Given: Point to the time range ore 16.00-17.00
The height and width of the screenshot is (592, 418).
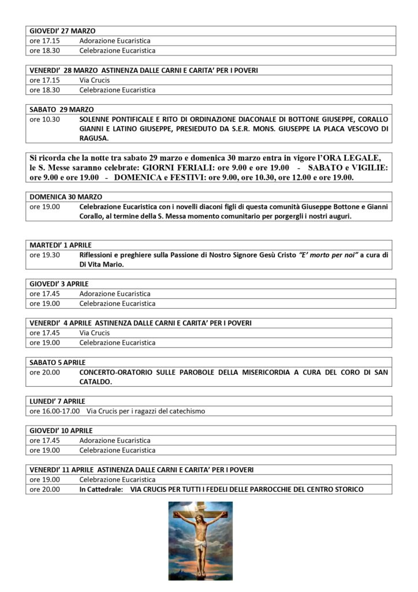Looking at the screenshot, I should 54,411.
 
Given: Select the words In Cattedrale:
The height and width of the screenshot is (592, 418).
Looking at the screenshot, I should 102,490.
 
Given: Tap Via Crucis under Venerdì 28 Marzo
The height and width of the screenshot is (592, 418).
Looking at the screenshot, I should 94,80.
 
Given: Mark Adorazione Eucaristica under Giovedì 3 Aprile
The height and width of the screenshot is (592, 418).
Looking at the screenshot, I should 115,294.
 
